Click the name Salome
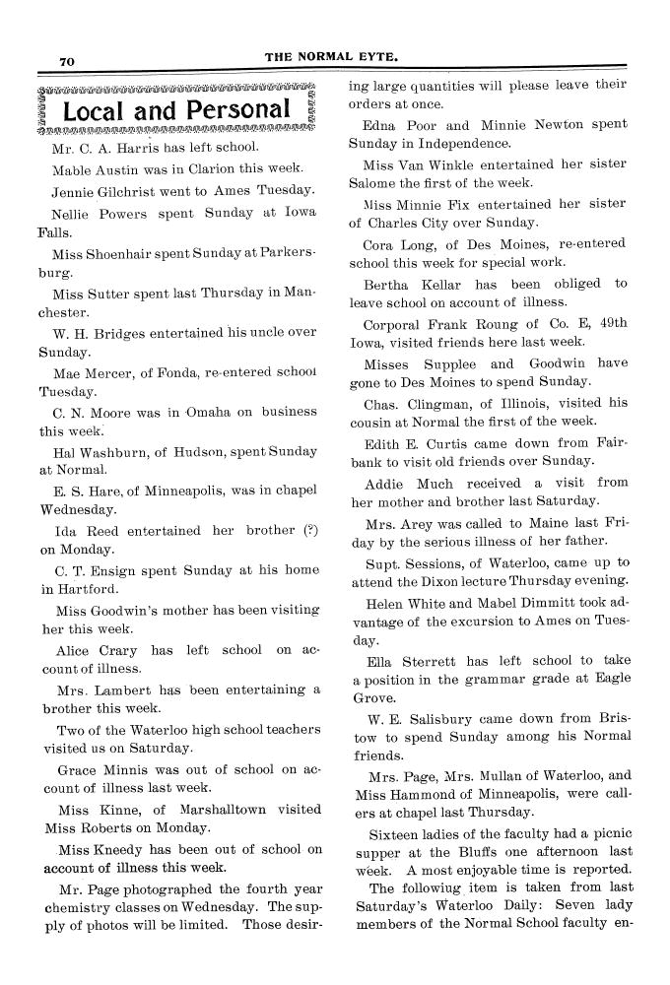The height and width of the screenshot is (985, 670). (x=374, y=184)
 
